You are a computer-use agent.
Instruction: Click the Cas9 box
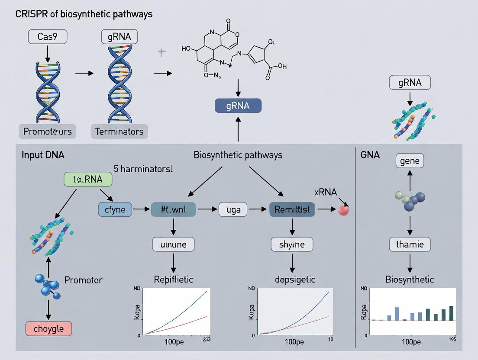pyautogui.click(x=48, y=37)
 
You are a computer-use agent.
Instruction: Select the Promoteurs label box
pyautogui.click(x=48, y=131)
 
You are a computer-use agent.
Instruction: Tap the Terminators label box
pyautogui.click(x=119, y=131)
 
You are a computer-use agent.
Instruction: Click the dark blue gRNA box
pyautogui.click(x=238, y=106)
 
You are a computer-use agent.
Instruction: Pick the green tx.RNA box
pyautogui.click(x=88, y=179)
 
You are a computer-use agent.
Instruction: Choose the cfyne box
pyautogui.click(x=116, y=210)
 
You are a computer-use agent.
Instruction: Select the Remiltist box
pyautogui.click(x=292, y=210)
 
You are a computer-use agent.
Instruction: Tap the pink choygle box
pyautogui.click(x=48, y=328)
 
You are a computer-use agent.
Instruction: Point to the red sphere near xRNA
pyautogui.click(x=343, y=210)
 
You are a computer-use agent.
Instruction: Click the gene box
pyautogui.click(x=410, y=161)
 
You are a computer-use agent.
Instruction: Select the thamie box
pyautogui.click(x=410, y=244)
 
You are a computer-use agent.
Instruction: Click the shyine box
pyautogui.click(x=292, y=244)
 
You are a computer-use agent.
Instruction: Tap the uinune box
pyautogui.click(x=173, y=244)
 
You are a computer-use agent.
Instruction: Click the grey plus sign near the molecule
pyautogui.click(x=161, y=53)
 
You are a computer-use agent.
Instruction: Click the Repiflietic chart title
pyautogui.click(x=174, y=279)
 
